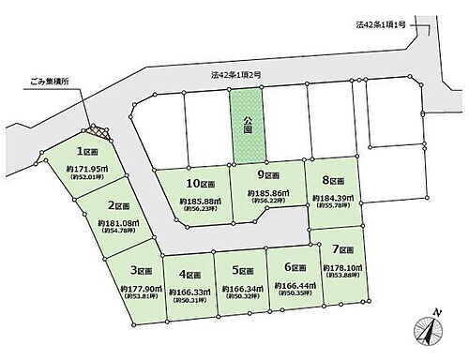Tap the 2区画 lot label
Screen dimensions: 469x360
coord(118,206)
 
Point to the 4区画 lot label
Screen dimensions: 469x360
coord(191,274)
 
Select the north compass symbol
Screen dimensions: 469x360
coord(427,330)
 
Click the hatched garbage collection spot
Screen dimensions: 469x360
coord(96,134)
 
